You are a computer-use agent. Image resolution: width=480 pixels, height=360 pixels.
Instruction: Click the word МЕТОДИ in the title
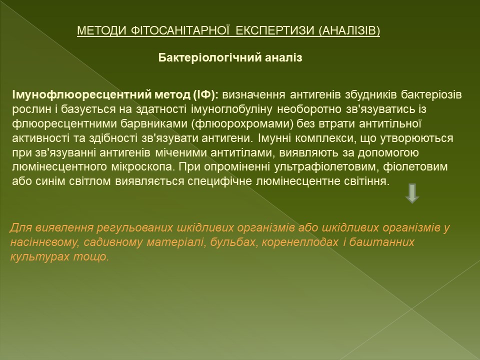pos(101,30)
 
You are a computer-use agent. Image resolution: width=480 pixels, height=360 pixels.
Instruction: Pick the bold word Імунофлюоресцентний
pos(81,95)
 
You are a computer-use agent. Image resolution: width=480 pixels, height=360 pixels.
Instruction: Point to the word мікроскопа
pos(141,167)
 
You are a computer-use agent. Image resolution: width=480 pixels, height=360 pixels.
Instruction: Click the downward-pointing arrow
pos(412,193)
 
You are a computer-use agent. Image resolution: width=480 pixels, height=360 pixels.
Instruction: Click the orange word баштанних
pos(381,242)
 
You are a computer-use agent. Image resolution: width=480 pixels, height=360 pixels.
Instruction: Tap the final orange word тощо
pos(91,256)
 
